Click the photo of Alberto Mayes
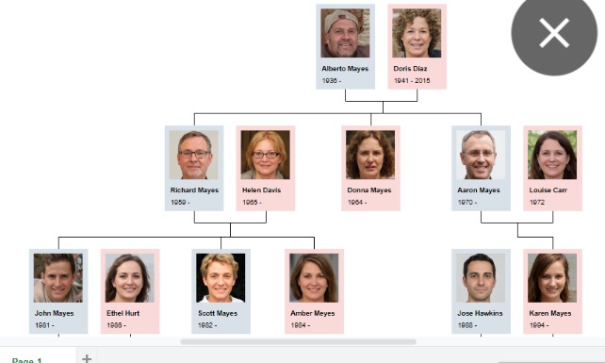pyautogui.click(x=345, y=34)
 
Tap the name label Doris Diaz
pyautogui.click(x=410, y=69)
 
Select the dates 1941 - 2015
pyautogui.click(x=411, y=81)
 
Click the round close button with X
pyautogui.click(x=554, y=33)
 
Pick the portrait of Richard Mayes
pyautogui.click(x=194, y=155)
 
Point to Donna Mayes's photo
pyautogui.click(x=370, y=155)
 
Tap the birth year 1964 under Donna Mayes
pyautogui.click(x=356, y=203)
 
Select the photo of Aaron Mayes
pyautogui.click(x=479, y=155)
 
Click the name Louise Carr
pyautogui.click(x=548, y=190)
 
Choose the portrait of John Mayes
pyautogui.click(x=58, y=277)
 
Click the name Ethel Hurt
pyautogui.click(x=123, y=313)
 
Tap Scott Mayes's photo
pyautogui.click(x=221, y=277)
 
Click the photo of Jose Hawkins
pyautogui.click(x=480, y=277)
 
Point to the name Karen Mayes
pyautogui.click(x=551, y=313)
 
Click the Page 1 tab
pyautogui.click(x=26, y=359)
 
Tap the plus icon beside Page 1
pyautogui.click(x=87, y=358)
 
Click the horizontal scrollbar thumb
pyautogui.click(x=297, y=341)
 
